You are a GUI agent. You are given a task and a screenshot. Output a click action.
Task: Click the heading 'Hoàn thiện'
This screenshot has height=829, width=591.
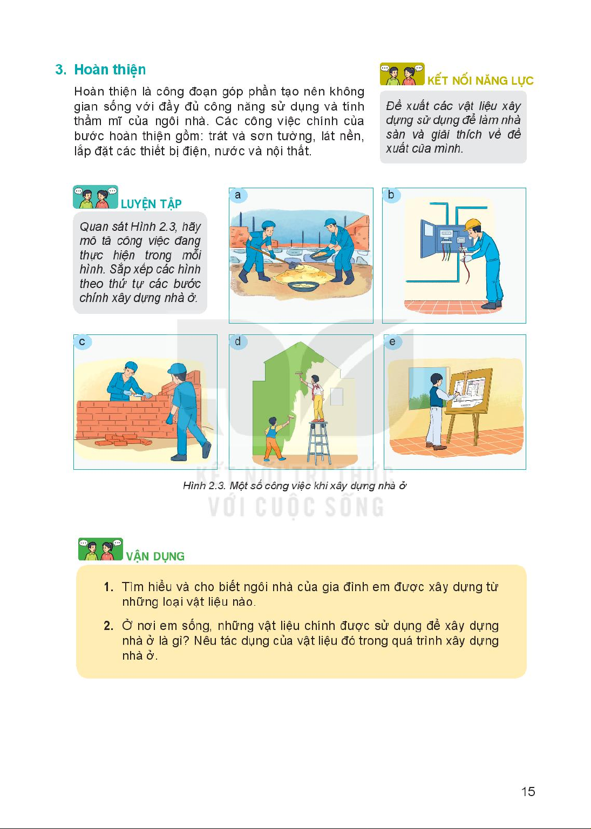(x=110, y=70)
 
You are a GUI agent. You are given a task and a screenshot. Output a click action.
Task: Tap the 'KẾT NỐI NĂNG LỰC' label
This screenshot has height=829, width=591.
(x=480, y=81)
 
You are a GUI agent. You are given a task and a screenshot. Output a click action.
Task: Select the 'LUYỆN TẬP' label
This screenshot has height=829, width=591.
(x=151, y=204)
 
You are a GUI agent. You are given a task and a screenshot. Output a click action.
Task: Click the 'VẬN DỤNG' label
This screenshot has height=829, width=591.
(x=155, y=556)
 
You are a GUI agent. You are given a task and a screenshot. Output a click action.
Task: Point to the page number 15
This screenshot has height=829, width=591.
(x=528, y=792)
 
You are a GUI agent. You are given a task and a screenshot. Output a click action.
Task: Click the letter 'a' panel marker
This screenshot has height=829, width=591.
(x=237, y=195)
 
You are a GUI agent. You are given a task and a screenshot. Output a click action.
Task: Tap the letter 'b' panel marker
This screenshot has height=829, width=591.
(x=391, y=195)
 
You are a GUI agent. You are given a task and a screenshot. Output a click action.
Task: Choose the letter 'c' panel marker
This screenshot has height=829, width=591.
(x=82, y=341)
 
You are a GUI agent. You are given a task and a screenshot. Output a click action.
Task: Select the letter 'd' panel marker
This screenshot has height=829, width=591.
(x=237, y=341)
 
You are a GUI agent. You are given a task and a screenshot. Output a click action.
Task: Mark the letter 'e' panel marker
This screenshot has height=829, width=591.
(x=392, y=341)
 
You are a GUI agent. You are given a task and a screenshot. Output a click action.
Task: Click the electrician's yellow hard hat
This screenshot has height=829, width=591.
(x=472, y=224)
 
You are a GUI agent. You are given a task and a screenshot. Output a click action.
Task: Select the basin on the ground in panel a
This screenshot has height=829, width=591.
(x=303, y=286)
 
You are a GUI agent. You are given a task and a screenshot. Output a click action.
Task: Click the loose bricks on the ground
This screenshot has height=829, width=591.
(x=124, y=440)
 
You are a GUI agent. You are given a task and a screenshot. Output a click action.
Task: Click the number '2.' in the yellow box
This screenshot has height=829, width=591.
(x=108, y=626)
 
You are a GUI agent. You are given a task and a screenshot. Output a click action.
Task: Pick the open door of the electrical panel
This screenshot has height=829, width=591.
(x=427, y=239)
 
